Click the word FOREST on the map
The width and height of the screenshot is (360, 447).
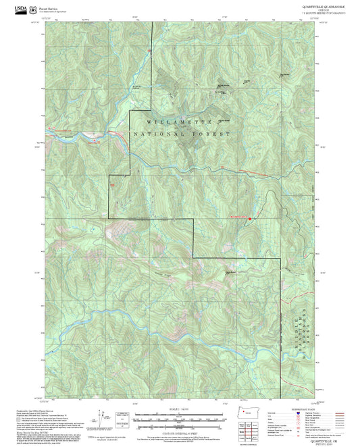click(213, 134)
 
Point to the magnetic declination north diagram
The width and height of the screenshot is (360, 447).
click(103, 419)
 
